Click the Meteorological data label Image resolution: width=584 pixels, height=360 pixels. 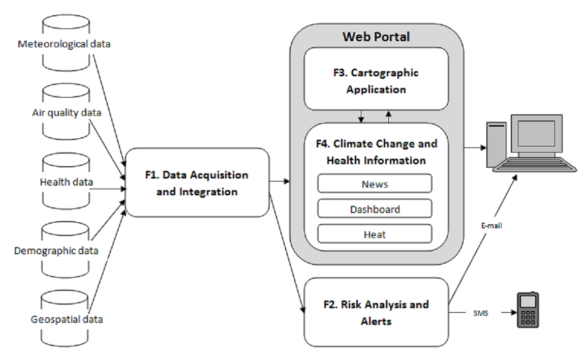coord(64,44)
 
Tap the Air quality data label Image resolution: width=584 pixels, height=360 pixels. coord(67,112)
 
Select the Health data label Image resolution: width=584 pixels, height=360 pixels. coord(66,182)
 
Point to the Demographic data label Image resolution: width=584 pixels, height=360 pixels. coord(56,251)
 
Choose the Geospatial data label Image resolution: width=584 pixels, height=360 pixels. coord(67,319)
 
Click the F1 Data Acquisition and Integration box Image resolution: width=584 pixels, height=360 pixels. coord(197,183)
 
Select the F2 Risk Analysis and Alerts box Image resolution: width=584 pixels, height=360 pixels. coord(376,312)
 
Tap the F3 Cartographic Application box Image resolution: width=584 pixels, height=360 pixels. coord(376,79)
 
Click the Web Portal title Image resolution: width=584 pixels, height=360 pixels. coord(376,37)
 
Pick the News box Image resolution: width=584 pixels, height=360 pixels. coord(375,184)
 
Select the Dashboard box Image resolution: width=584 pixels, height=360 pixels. coord(375,209)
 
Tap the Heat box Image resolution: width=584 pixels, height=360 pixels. coord(375,234)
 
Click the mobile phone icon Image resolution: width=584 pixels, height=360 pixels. coord(528,310)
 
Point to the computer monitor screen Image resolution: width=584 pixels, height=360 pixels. coord(536,133)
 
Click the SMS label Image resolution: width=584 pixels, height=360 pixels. coord(480,313)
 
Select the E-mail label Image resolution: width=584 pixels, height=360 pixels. coord(491,225)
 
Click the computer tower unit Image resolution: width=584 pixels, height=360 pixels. coord(497,145)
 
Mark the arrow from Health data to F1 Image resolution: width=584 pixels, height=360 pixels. coord(108,189)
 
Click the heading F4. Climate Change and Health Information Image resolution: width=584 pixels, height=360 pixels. coord(377,152)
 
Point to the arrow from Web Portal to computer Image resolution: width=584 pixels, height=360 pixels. coord(475,147)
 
